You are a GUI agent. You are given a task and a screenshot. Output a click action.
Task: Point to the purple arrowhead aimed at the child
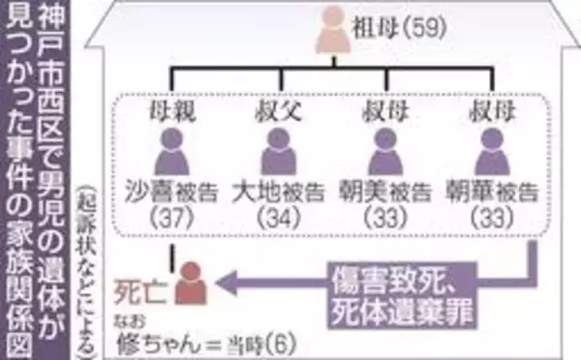[229, 283]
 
